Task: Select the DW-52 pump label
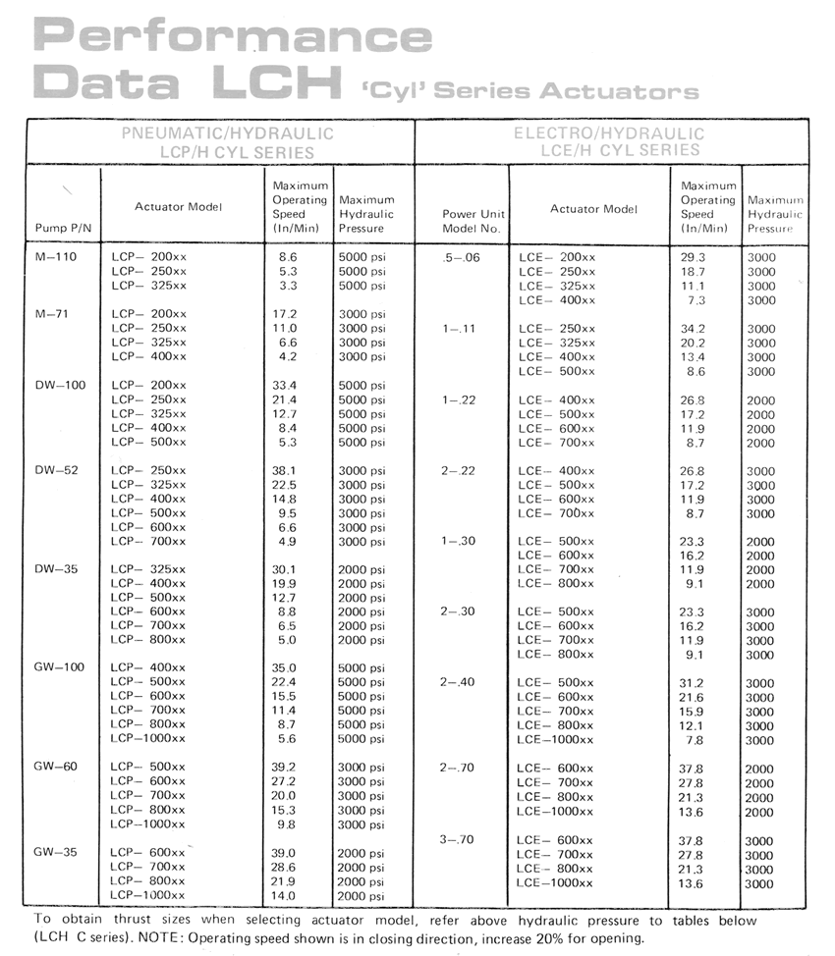tap(57, 470)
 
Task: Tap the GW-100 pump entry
tap(59, 667)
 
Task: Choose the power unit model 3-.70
tap(459, 840)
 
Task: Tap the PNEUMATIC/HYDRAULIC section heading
tap(226, 133)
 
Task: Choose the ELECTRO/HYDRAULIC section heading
tap(610, 133)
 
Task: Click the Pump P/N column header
tap(61, 228)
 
